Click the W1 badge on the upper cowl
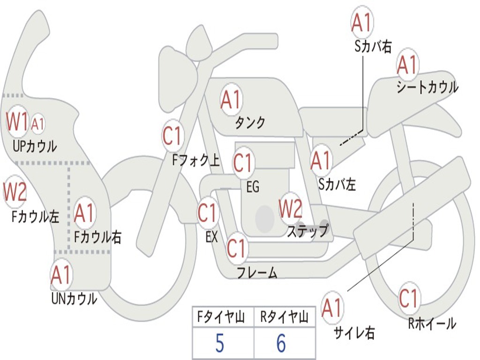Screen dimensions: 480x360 (17, 121)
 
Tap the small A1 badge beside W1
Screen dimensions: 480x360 (37, 124)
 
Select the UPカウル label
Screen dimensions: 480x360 (35, 146)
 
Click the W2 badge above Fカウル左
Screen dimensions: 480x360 (15, 191)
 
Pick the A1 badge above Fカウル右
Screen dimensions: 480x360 (84, 212)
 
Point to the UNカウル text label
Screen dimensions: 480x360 (74, 299)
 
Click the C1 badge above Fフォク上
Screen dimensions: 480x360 (172, 135)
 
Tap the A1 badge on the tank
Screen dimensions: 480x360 (231, 99)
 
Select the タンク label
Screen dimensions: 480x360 (250, 122)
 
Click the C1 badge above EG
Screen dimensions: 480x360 (243, 162)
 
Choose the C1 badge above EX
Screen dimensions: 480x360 (208, 212)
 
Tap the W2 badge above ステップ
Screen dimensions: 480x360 (290, 208)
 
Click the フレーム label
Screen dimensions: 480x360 (257, 272)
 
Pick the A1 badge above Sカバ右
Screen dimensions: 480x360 (362, 22)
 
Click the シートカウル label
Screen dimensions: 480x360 (427, 87)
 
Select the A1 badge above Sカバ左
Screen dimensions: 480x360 (321, 160)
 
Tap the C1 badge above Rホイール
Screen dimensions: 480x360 (409, 298)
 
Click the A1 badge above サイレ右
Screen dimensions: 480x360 (332, 307)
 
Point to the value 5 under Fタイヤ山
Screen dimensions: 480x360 (220, 343)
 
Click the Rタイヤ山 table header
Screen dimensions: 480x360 (284, 317)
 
